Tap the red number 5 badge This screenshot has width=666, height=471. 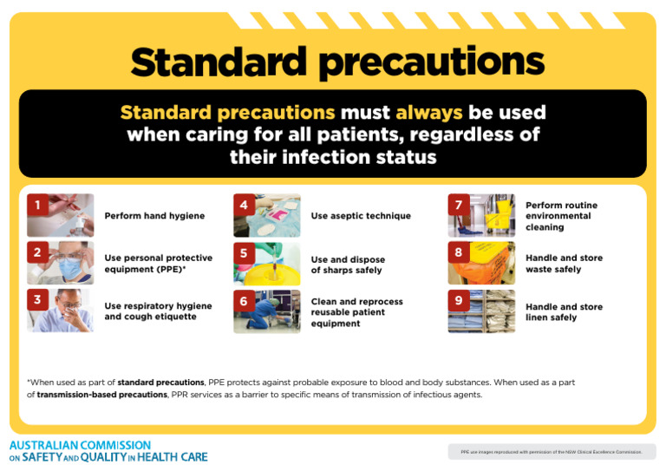(245, 253)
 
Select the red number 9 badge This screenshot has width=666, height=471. (459, 301)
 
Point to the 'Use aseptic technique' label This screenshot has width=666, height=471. (361, 216)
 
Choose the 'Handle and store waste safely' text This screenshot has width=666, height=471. (564, 264)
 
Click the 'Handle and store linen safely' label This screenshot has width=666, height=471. (563, 312)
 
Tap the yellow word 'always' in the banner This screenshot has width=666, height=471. (429, 113)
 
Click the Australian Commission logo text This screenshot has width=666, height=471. (108, 451)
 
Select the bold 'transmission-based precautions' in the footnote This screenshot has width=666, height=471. (101, 395)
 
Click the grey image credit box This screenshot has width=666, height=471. (552, 452)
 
